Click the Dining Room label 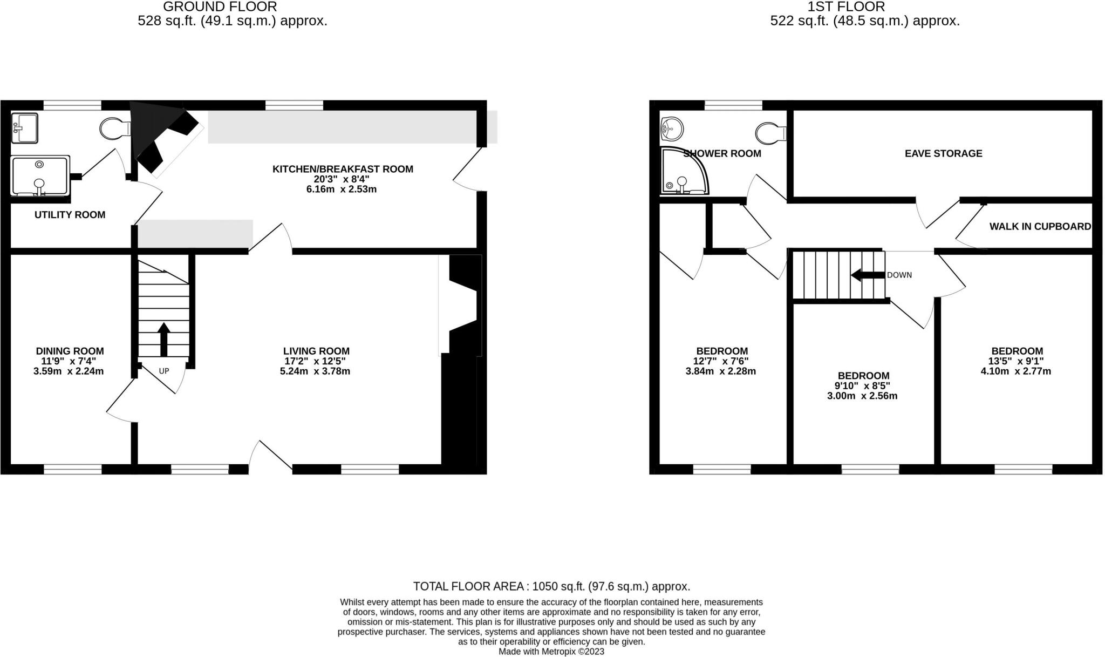point(70,351)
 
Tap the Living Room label point(316,351)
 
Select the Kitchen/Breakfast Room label point(343,169)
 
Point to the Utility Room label point(70,215)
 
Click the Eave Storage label point(943,153)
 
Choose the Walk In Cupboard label point(1040,227)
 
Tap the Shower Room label point(722,154)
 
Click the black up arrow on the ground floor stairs point(163,339)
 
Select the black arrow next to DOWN point(868,275)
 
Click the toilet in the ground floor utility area point(114,128)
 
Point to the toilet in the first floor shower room point(770,132)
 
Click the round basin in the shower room point(671,129)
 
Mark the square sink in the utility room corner point(24,128)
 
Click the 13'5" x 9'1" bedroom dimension point(1017,361)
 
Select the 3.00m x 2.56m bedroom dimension point(862,396)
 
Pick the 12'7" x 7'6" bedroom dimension point(721,361)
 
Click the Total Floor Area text point(551,586)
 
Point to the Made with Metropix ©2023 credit point(551,652)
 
